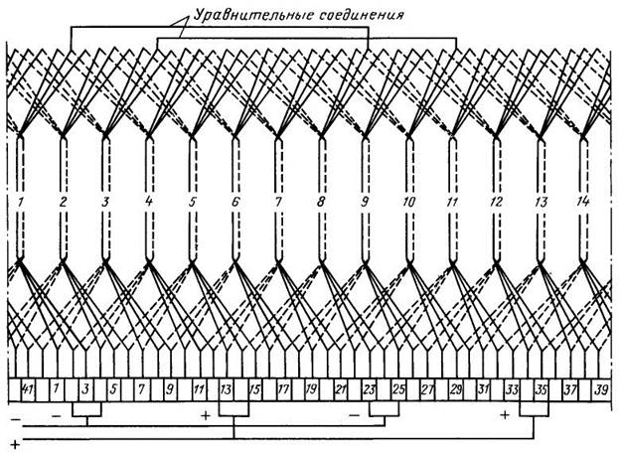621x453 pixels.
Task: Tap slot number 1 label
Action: coord(20,202)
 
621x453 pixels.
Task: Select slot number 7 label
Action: coord(278,202)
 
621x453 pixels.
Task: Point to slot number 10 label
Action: coord(408,202)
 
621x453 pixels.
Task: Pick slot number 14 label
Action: coord(582,202)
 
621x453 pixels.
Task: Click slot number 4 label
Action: coord(148,202)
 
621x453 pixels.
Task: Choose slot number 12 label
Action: coord(496,202)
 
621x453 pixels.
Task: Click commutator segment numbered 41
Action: coord(28,390)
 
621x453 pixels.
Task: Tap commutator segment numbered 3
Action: coord(85,390)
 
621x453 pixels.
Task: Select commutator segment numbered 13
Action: coord(226,390)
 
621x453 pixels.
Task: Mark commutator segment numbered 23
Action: coord(369,390)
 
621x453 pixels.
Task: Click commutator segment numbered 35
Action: coord(541,390)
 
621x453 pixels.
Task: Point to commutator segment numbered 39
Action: coord(601,390)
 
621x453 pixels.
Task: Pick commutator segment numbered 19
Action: coord(311,390)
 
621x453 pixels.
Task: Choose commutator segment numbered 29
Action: coord(455,390)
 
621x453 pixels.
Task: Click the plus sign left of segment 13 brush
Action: coord(205,415)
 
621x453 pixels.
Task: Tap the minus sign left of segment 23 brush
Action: coord(355,415)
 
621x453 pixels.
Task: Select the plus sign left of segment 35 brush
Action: coord(504,415)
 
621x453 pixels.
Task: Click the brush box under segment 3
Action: coord(86,409)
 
